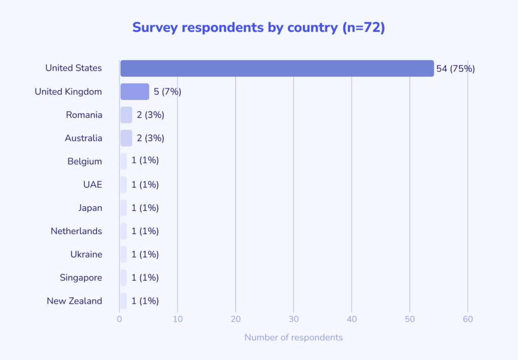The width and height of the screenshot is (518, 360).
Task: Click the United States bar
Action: tap(277, 68)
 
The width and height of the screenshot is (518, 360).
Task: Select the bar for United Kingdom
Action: tap(135, 92)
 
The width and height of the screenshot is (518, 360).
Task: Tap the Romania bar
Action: tap(126, 115)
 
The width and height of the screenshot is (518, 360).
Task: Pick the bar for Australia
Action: tap(126, 138)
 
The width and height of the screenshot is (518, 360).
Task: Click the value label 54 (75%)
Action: tap(455, 68)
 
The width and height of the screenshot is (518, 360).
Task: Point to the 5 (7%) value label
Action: tap(167, 92)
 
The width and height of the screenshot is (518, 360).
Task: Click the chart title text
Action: tap(258, 27)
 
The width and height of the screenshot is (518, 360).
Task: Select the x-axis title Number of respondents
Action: tap(293, 337)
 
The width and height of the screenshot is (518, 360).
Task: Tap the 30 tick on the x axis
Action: tap(293, 319)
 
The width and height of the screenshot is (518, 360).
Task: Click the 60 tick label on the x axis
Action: tap(468, 319)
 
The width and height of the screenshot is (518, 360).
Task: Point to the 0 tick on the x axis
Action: tap(119, 319)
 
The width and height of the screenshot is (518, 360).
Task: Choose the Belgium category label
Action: tap(84, 161)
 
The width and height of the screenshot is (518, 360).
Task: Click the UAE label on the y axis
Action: tap(93, 185)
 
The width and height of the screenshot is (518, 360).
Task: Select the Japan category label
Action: tap(90, 208)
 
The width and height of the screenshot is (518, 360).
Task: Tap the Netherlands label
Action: tap(76, 231)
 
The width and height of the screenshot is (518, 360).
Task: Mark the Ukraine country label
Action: tap(86, 254)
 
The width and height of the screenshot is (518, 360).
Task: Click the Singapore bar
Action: tap(123, 278)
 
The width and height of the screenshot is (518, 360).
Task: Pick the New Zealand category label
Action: tap(74, 301)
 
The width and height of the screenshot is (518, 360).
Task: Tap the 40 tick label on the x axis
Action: tap(352, 319)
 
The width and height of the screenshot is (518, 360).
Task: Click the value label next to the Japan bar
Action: tap(145, 208)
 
